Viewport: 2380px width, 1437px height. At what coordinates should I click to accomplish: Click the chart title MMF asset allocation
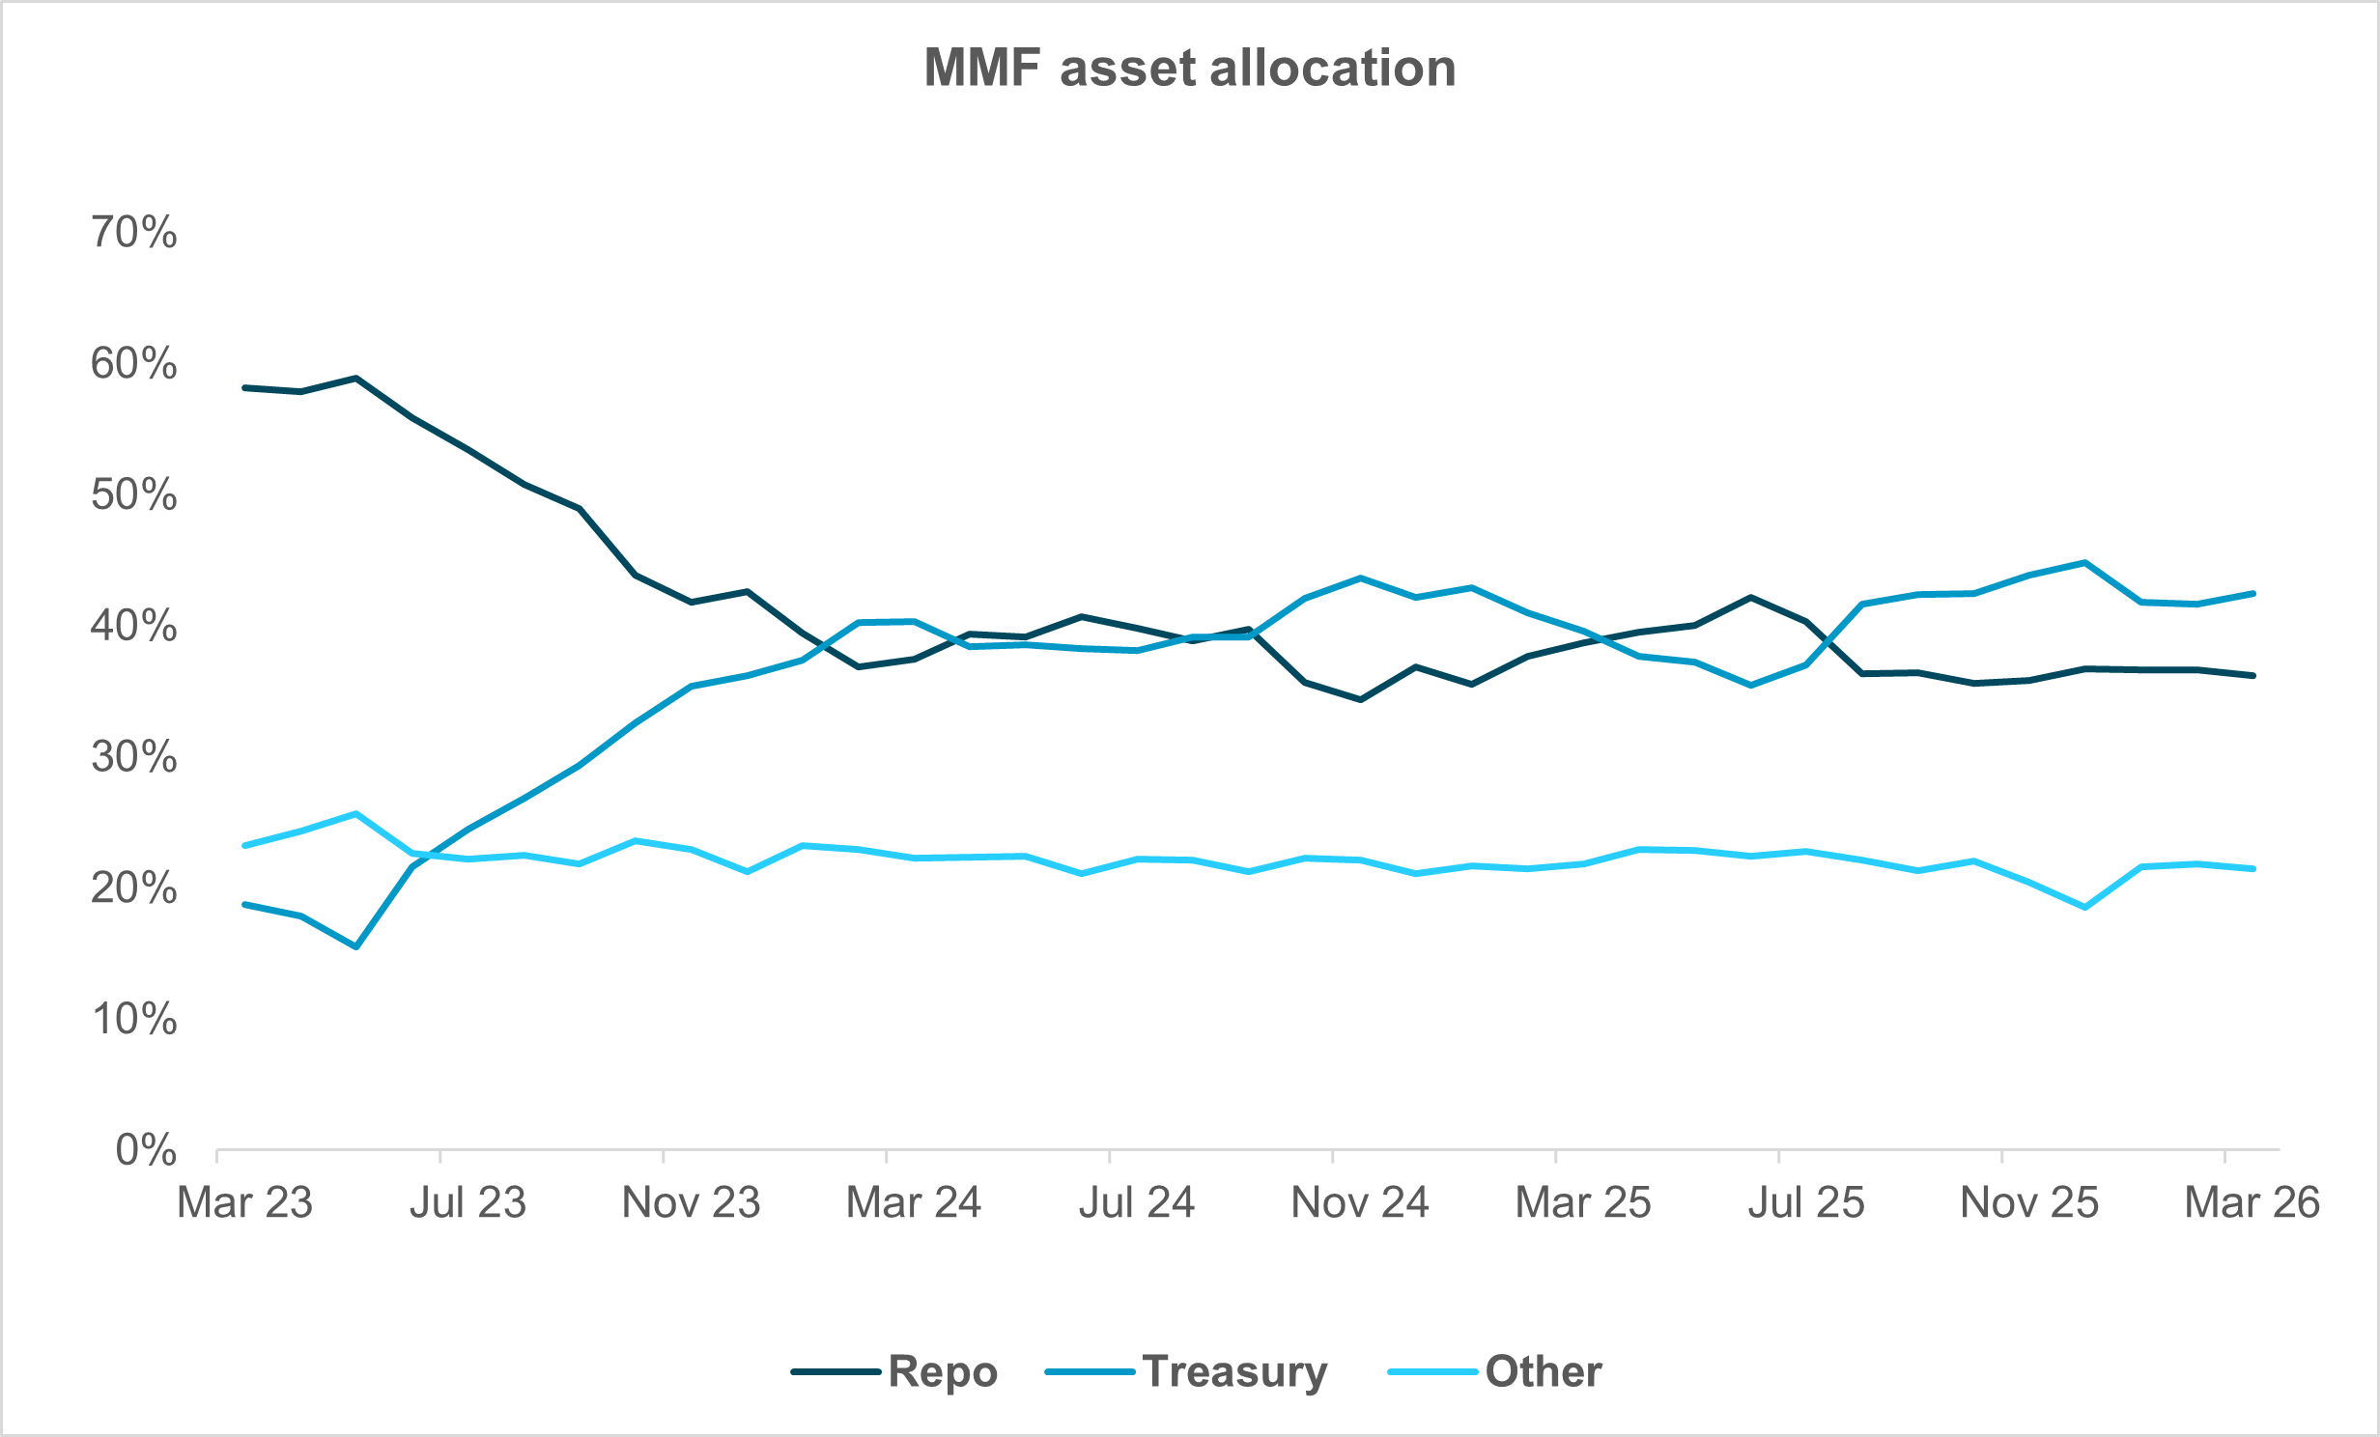point(1190,68)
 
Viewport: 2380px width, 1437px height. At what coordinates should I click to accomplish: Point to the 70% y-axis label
point(134,233)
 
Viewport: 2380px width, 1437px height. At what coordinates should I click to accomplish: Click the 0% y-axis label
point(146,1150)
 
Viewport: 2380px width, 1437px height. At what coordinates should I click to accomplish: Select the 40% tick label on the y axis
point(134,626)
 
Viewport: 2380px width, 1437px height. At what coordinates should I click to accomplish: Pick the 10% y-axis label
point(134,1019)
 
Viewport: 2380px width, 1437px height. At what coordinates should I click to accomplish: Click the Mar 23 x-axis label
point(245,1203)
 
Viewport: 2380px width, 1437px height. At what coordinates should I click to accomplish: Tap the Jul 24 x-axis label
point(1137,1203)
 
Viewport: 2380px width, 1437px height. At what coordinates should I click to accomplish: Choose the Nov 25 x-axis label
point(2029,1203)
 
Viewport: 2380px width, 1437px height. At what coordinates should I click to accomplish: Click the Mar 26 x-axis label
point(2252,1203)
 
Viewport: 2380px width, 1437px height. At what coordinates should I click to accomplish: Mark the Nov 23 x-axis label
point(692,1203)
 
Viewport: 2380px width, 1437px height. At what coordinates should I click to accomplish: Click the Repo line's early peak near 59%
point(356,378)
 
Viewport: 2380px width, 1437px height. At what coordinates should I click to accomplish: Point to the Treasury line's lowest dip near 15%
point(356,946)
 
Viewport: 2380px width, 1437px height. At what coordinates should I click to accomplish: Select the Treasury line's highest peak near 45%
point(2085,562)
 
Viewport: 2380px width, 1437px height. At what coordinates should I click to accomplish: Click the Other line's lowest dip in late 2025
point(2085,908)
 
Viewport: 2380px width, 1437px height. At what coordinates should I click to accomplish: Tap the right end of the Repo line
point(2253,676)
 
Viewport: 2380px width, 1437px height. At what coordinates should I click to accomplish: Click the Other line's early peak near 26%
point(356,813)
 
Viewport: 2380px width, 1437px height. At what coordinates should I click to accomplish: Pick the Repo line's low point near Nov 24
point(1361,699)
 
